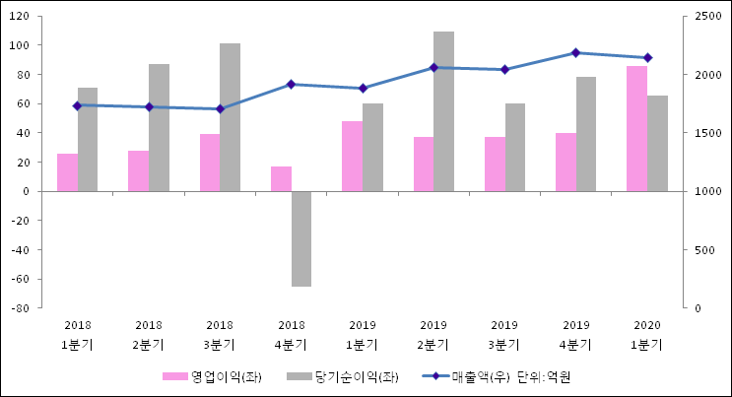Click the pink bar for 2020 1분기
pos(636,128)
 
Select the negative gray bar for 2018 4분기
pos(301,238)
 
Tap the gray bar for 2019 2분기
pos(443,111)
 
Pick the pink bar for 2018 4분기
pos(281,178)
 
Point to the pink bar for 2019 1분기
pos(352,156)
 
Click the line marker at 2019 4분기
pos(575,52)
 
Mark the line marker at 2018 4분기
pos(291,85)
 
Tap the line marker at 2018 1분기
pos(77,105)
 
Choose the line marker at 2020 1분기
pos(647,57)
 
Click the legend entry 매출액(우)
pos(481,376)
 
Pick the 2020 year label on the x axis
pos(647,325)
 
